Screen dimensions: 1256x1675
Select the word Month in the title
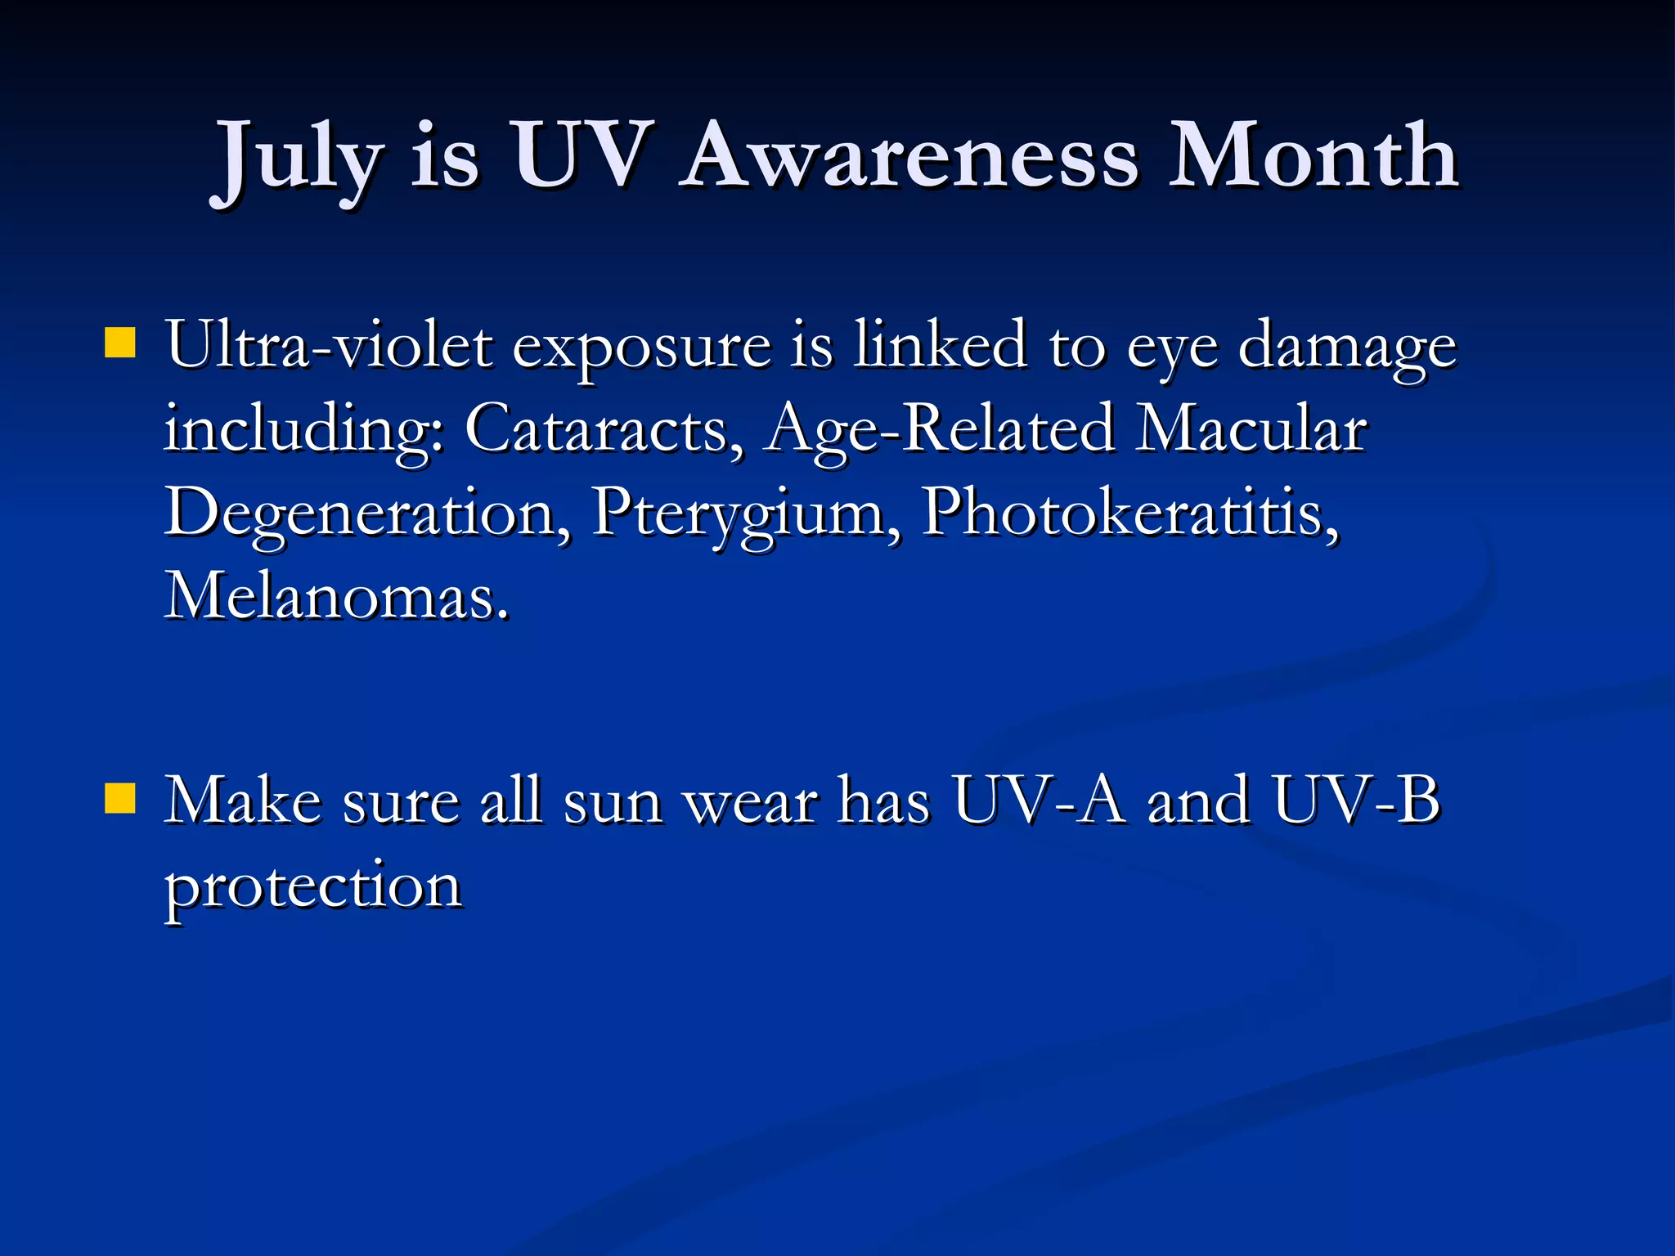[x=1313, y=155]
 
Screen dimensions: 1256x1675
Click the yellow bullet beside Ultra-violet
[x=120, y=343]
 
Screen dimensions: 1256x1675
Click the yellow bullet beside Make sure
[x=120, y=799]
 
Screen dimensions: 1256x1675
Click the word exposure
[x=642, y=348]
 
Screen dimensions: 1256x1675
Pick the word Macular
[x=1251, y=428]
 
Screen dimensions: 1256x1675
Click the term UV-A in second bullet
[x=1039, y=801]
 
